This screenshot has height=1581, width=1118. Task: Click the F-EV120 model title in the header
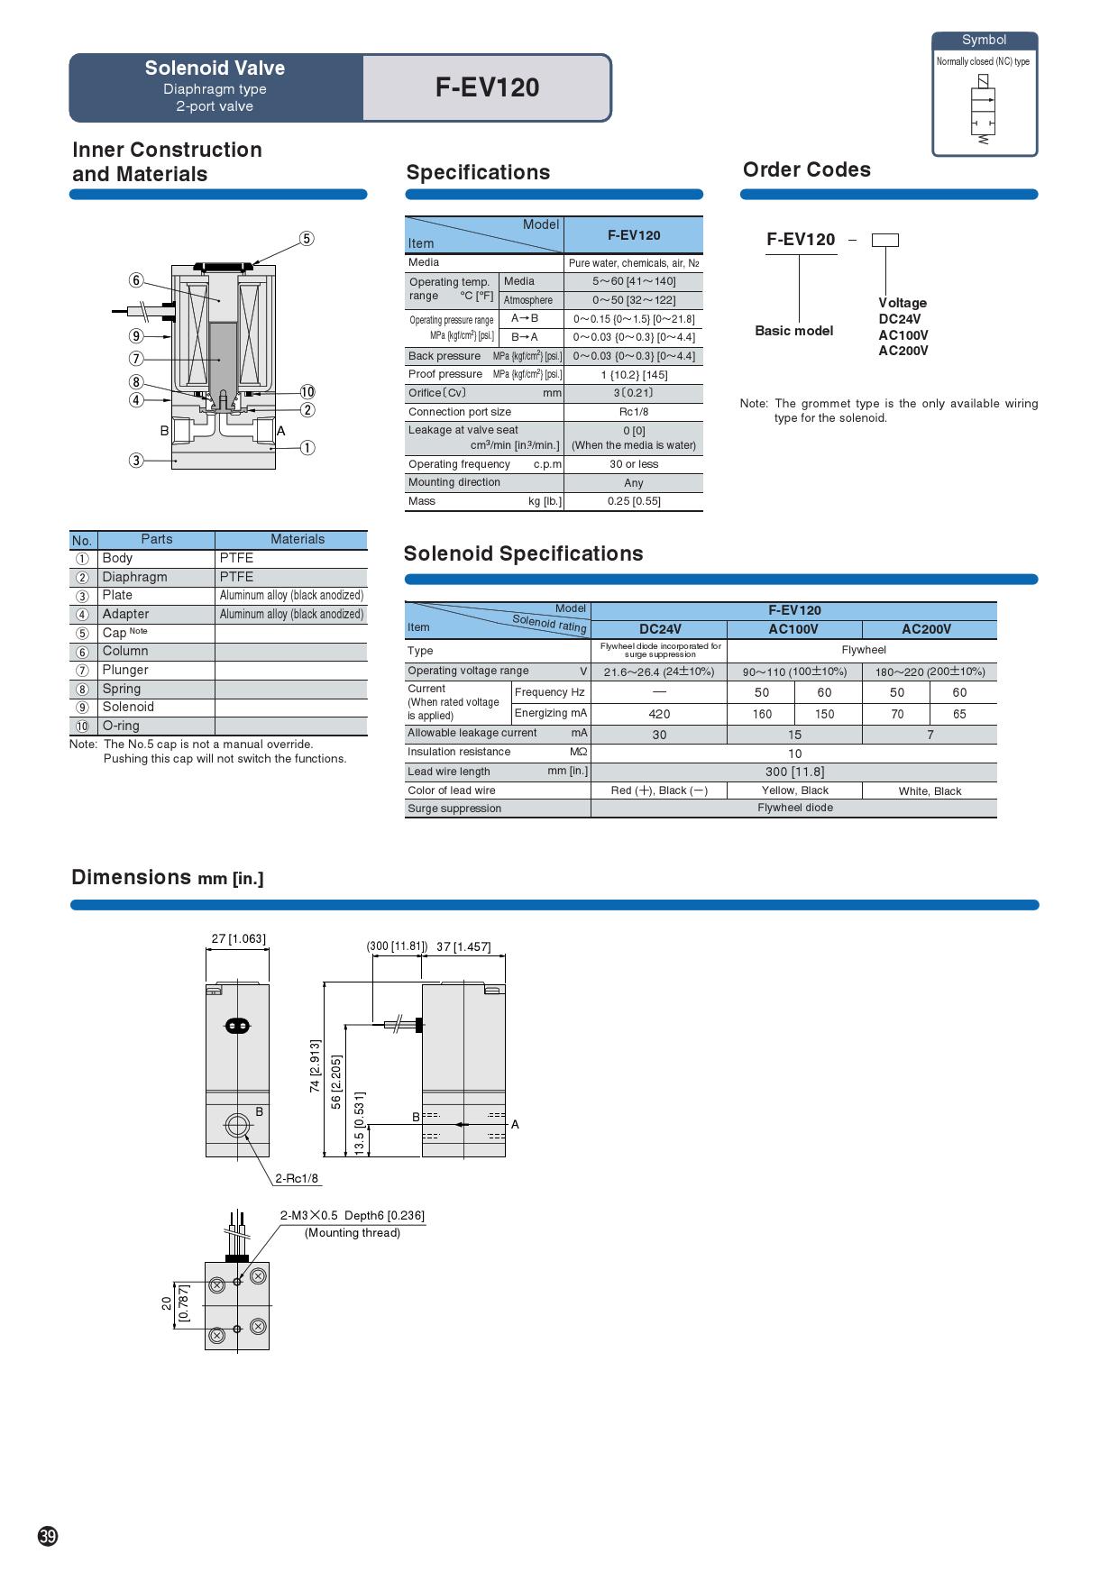[487, 87]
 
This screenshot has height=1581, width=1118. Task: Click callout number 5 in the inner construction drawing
[307, 239]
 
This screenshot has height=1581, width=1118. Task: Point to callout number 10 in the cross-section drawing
[307, 391]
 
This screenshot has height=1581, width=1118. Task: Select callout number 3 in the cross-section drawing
[136, 461]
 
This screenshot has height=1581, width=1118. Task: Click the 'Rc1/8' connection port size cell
[633, 412]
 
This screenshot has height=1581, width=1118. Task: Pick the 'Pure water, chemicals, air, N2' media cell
[633, 263]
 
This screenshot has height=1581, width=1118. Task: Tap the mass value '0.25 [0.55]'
[633, 501]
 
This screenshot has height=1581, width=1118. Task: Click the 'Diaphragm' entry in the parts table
[134, 577]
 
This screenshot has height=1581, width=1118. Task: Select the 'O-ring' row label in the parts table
[121, 726]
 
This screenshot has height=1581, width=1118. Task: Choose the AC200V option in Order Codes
[903, 351]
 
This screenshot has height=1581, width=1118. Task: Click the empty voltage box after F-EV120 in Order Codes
[885, 240]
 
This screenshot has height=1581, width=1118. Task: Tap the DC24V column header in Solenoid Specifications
[659, 629]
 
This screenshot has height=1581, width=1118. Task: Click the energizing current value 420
[659, 714]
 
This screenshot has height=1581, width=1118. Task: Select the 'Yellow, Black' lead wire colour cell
[794, 790]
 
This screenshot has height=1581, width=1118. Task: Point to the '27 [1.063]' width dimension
[238, 938]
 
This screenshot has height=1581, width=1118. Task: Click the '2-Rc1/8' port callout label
[297, 1178]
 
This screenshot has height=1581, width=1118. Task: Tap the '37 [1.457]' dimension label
[463, 946]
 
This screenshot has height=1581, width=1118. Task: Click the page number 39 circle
[48, 1537]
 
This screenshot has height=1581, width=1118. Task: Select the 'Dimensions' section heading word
[132, 877]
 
